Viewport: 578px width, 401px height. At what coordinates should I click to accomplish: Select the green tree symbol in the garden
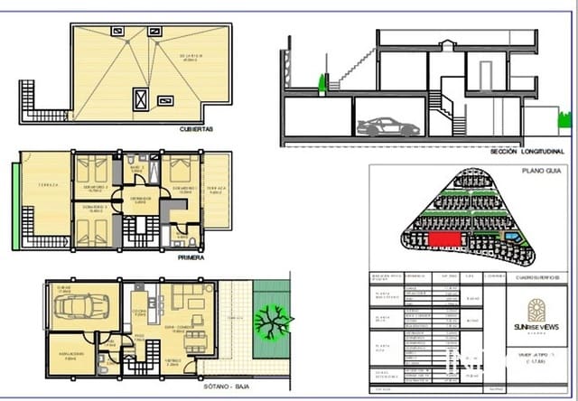(268, 321)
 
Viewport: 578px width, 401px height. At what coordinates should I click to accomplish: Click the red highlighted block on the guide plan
(442, 237)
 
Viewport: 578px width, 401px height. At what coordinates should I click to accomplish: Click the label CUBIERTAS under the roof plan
(196, 129)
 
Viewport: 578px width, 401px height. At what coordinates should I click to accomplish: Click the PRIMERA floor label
(191, 257)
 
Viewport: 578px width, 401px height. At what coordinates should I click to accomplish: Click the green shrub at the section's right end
(565, 120)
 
